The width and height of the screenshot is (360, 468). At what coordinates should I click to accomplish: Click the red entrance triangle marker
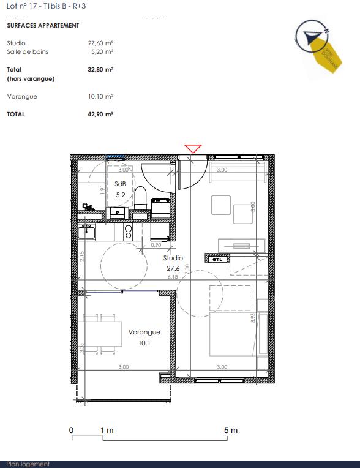pyautogui.click(x=193, y=149)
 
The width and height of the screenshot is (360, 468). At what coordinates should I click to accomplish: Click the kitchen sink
pyautogui.click(x=86, y=232)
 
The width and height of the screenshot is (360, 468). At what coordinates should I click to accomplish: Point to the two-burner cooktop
pyautogui.click(x=129, y=231)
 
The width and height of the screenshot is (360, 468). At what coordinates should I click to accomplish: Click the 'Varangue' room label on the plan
pyautogui.click(x=144, y=332)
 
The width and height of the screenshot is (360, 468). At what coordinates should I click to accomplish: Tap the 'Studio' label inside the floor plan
pyautogui.click(x=173, y=259)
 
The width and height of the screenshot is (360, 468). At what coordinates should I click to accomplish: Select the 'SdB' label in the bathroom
pyautogui.click(x=120, y=184)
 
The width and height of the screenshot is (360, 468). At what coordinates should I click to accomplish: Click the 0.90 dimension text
pyautogui.click(x=156, y=245)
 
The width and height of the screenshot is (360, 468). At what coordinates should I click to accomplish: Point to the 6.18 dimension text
pyautogui.click(x=173, y=277)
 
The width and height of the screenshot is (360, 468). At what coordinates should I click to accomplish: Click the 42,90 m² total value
pyautogui.click(x=100, y=115)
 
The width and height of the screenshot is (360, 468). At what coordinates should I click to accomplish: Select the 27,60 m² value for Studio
pyautogui.click(x=101, y=43)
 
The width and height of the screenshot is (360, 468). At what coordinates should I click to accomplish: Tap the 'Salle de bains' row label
pyautogui.click(x=28, y=52)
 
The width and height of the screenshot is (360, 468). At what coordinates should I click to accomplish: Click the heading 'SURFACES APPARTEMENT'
pyautogui.click(x=43, y=26)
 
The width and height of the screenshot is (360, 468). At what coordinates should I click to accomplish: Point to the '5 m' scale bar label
pyautogui.click(x=231, y=431)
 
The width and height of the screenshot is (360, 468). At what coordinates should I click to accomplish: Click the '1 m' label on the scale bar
pyautogui.click(x=107, y=431)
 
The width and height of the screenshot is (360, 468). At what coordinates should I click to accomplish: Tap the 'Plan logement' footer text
pyautogui.click(x=28, y=464)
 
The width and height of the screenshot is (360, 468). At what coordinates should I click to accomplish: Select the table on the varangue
pyautogui.click(x=100, y=333)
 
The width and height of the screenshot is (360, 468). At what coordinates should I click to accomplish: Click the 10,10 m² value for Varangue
pyautogui.click(x=101, y=97)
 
